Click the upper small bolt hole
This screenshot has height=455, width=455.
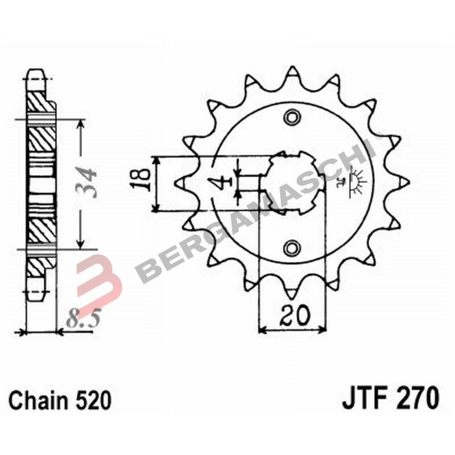pos(292,117)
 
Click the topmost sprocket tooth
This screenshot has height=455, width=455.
pos(292,74)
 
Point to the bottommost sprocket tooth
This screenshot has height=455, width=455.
pos(292,291)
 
